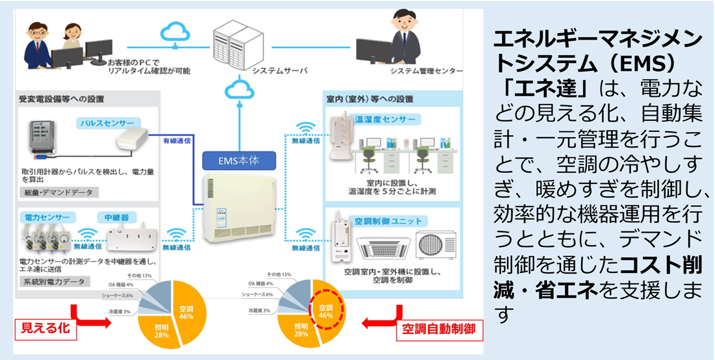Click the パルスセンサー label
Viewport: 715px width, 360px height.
coord(105,122)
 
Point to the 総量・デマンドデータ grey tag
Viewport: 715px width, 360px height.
coord(59,192)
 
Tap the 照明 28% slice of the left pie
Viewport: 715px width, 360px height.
coord(161,329)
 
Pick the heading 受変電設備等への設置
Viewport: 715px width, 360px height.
coord(62,99)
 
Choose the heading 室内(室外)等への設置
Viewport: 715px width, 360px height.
coord(369,99)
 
